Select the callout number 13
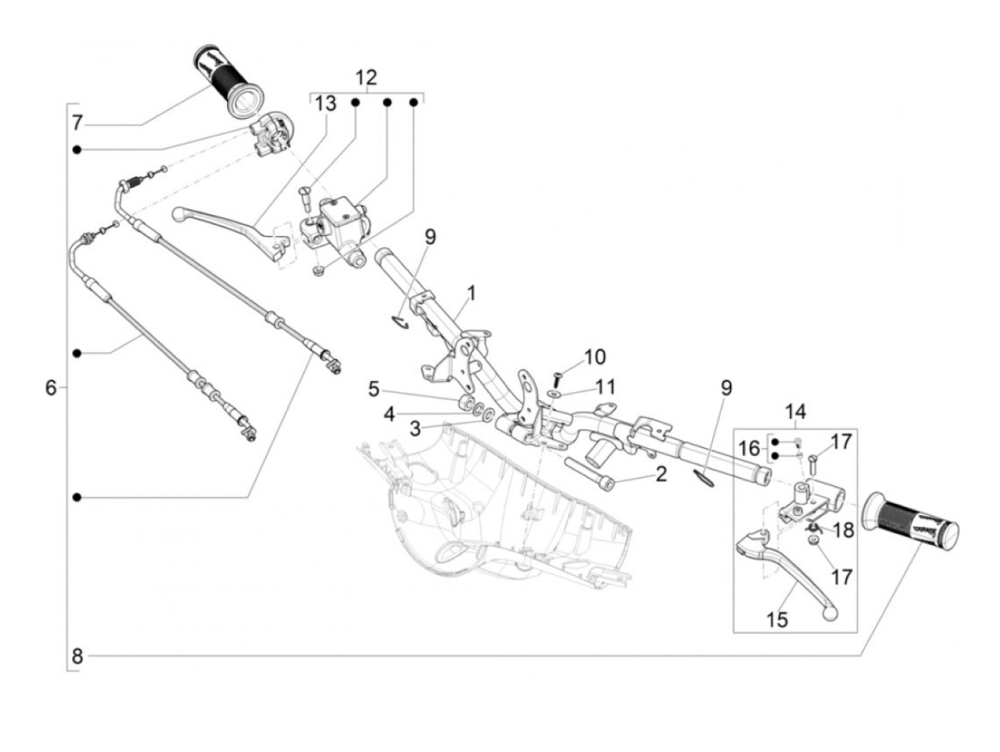[325, 104]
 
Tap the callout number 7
[77, 123]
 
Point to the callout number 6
[51, 387]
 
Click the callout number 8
[77, 655]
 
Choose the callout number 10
[594, 356]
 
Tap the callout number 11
[604, 387]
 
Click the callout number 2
[661, 473]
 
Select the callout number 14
[795, 412]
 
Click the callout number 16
[749, 449]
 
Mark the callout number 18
[844, 530]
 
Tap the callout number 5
[374, 390]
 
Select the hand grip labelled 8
[910, 523]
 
